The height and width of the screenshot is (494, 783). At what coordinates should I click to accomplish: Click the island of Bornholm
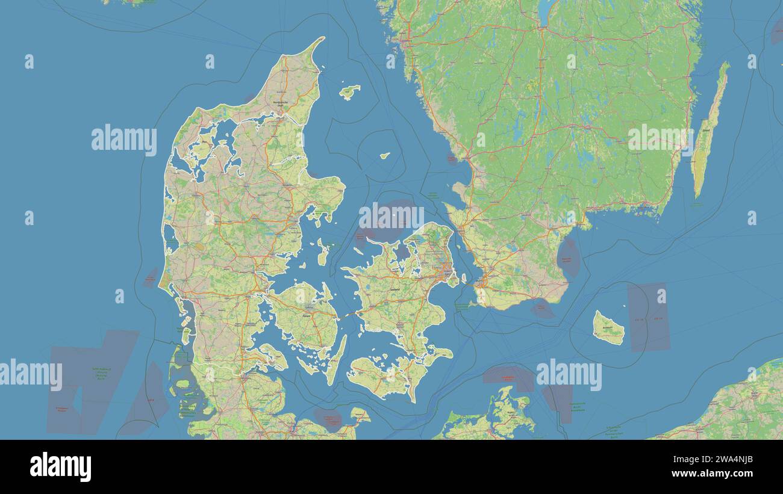608,329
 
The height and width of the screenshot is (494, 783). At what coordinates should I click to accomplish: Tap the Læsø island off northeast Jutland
349,91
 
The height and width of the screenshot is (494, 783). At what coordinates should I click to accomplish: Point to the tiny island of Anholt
384,155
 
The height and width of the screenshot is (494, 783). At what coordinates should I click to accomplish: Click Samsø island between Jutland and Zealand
323,253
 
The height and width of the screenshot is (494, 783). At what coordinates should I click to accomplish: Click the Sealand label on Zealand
395,289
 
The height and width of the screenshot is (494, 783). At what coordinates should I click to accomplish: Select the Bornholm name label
608,327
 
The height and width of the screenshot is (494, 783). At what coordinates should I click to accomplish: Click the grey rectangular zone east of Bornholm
648,317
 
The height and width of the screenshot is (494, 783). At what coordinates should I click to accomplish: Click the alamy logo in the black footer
61,467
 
